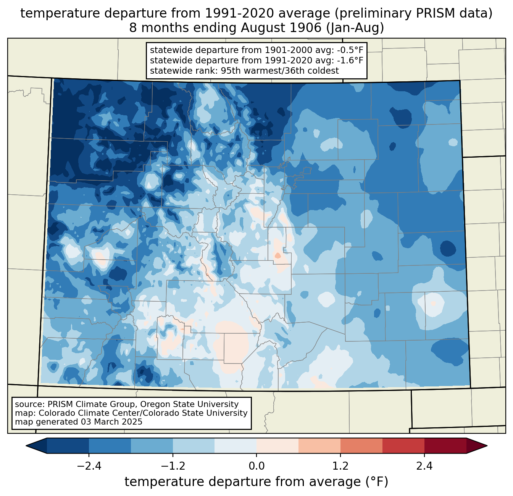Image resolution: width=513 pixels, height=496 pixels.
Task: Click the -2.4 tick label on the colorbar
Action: (x=89, y=466)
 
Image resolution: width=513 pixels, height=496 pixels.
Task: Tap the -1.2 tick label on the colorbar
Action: (x=173, y=466)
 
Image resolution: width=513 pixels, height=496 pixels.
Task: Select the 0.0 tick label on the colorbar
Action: (x=256, y=466)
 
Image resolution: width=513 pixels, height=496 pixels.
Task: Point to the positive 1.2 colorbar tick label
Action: (x=340, y=466)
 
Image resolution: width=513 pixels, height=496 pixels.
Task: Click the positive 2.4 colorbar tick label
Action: (x=424, y=466)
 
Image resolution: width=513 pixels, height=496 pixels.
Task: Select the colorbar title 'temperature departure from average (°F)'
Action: (x=256, y=482)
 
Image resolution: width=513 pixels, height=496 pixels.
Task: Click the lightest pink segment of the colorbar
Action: (x=277, y=446)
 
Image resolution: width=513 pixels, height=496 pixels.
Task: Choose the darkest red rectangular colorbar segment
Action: (x=445, y=446)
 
